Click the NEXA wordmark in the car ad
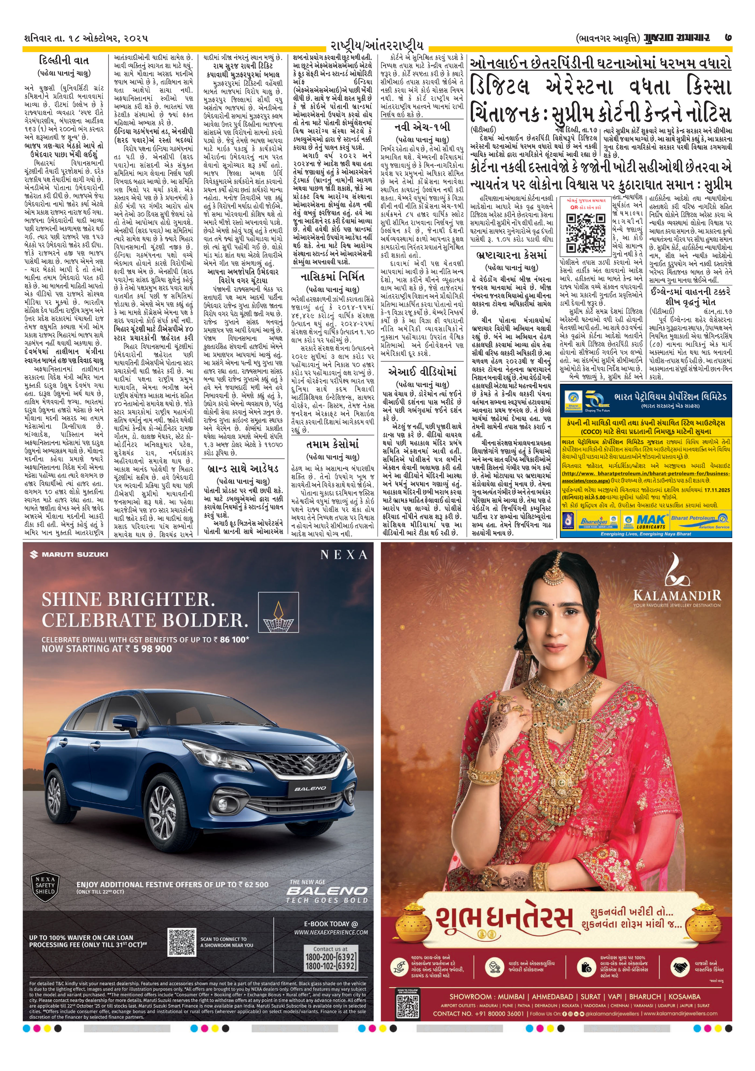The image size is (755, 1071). point(344,555)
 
